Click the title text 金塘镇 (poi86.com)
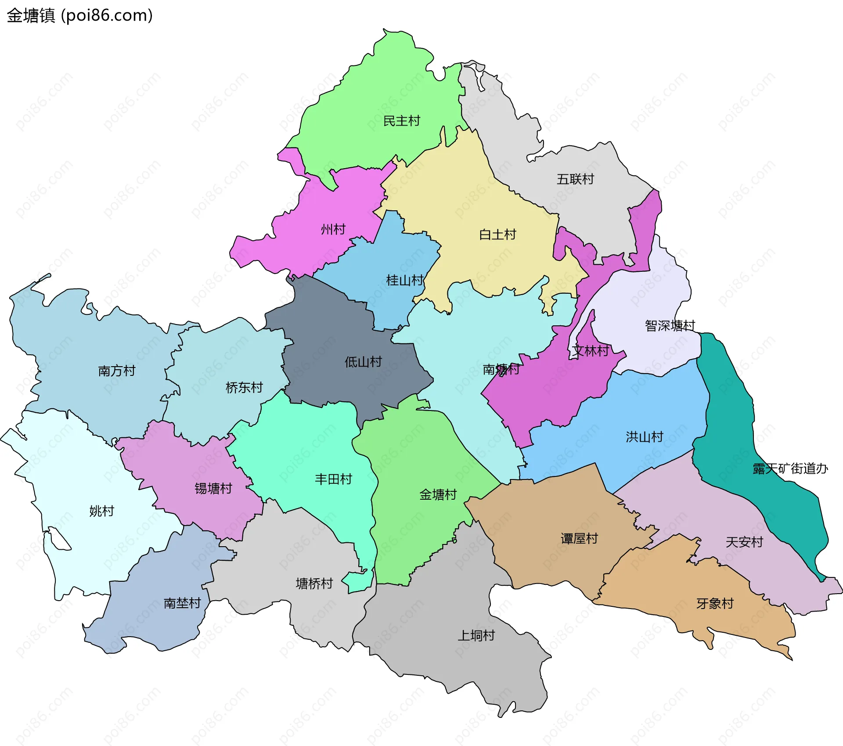(x=80, y=15)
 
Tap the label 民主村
(x=401, y=121)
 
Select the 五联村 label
(x=575, y=179)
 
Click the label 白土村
(x=497, y=234)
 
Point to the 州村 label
(x=333, y=229)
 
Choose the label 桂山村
(x=404, y=280)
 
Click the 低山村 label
(x=363, y=362)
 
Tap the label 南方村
(x=116, y=371)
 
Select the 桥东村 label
(x=244, y=387)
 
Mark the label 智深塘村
(x=670, y=325)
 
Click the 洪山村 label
(x=644, y=437)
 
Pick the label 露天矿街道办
(x=790, y=469)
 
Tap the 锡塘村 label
(x=213, y=488)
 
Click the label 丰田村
(x=333, y=479)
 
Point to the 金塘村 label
(x=438, y=495)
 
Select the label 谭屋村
(x=579, y=538)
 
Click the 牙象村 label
(x=715, y=603)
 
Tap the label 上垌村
(x=476, y=635)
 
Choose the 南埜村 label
(x=182, y=603)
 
